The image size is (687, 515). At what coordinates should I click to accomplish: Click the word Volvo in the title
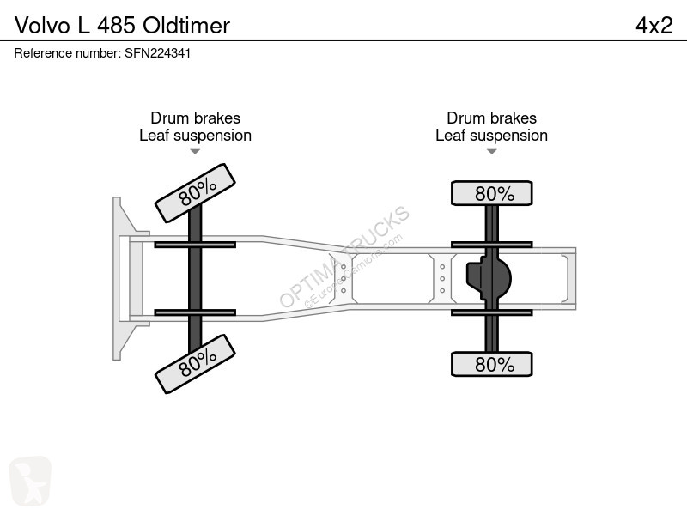click(42, 26)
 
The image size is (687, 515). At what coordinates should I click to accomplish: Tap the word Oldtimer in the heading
click(186, 26)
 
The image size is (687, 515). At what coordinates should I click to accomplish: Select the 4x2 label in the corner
click(654, 26)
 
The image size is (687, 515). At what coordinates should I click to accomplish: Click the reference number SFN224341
click(158, 53)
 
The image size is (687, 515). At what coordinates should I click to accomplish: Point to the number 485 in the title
click(116, 26)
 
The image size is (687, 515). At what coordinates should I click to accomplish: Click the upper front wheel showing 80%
click(196, 193)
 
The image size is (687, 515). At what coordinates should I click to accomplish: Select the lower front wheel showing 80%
click(196, 364)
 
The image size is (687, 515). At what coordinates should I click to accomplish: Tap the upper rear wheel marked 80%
click(492, 193)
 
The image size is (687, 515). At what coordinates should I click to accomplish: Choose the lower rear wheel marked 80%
click(492, 364)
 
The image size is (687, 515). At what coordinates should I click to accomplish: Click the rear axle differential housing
click(489, 278)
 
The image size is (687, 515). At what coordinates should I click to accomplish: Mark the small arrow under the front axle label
click(195, 152)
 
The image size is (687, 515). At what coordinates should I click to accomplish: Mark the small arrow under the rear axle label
click(491, 152)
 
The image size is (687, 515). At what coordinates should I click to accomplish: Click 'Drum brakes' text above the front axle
click(196, 118)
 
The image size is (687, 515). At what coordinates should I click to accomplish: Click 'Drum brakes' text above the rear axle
click(491, 118)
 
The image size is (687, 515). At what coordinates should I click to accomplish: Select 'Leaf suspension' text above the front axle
click(196, 136)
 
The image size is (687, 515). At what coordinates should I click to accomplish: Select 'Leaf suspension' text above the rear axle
click(491, 136)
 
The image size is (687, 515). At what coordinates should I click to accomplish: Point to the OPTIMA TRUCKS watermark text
click(344, 257)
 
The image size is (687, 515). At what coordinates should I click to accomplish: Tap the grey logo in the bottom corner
click(30, 481)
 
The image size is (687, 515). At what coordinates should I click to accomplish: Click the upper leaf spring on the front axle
click(195, 245)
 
